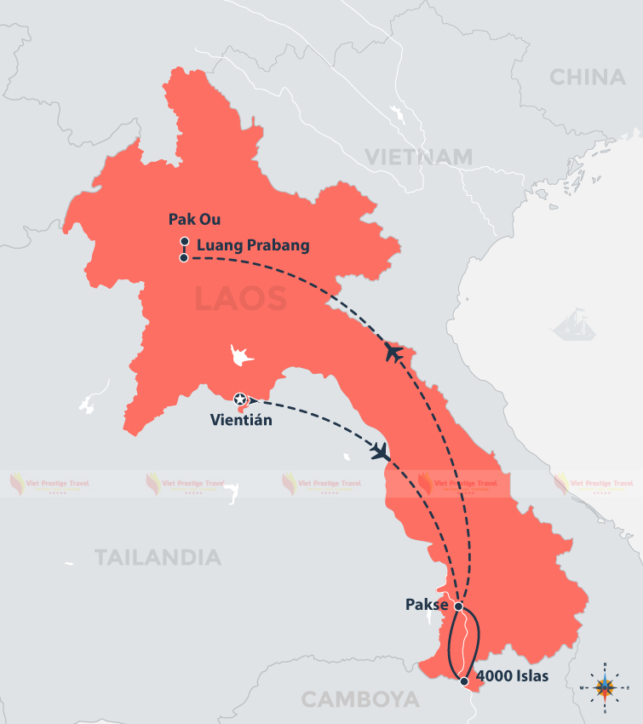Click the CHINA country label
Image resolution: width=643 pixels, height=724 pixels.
588,78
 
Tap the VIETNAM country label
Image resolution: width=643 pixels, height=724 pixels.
419,157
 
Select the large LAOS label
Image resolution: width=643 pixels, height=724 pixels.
241,299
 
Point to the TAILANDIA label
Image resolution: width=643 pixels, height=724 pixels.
158,558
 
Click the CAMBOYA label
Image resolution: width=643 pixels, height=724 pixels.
360,700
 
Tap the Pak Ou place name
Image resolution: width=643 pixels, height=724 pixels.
192,220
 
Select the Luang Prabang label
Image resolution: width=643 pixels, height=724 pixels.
253,245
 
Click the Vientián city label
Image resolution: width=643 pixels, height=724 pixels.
242,419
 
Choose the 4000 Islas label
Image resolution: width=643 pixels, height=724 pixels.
511,678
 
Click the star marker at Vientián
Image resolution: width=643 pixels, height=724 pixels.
240,399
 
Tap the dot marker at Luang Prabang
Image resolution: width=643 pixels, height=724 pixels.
184,257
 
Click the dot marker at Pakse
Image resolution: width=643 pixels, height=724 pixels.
458,606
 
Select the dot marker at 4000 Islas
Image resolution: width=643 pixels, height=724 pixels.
463,681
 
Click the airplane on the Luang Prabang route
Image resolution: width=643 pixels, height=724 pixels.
393,351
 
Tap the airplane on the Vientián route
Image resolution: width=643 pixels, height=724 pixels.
380,451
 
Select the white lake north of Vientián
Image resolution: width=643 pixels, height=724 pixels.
240,356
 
